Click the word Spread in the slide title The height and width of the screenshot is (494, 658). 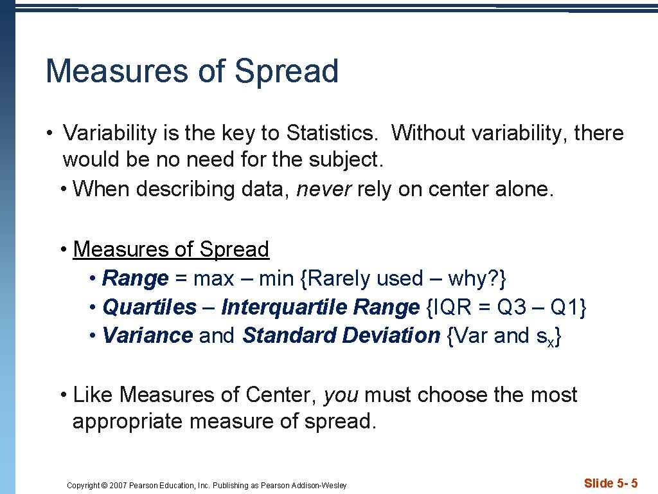(x=286, y=71)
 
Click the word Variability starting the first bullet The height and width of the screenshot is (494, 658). (x=110, y=133)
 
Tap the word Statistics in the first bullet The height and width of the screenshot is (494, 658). (x=332, y=133)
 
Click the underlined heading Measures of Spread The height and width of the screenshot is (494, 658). (x=171, y=249)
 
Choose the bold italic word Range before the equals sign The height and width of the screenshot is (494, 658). (x=135, y=279)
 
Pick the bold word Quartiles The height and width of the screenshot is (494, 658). (x=149, y=307)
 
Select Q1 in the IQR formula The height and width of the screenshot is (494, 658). (x=565, y=307)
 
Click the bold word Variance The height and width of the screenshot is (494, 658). (x=147, y=335)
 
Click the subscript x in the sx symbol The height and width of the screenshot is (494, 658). (x=551, y=339)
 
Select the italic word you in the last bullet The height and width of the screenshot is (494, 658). (x=341, y=394)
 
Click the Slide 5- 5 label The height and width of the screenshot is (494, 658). (x=610, y=483)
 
